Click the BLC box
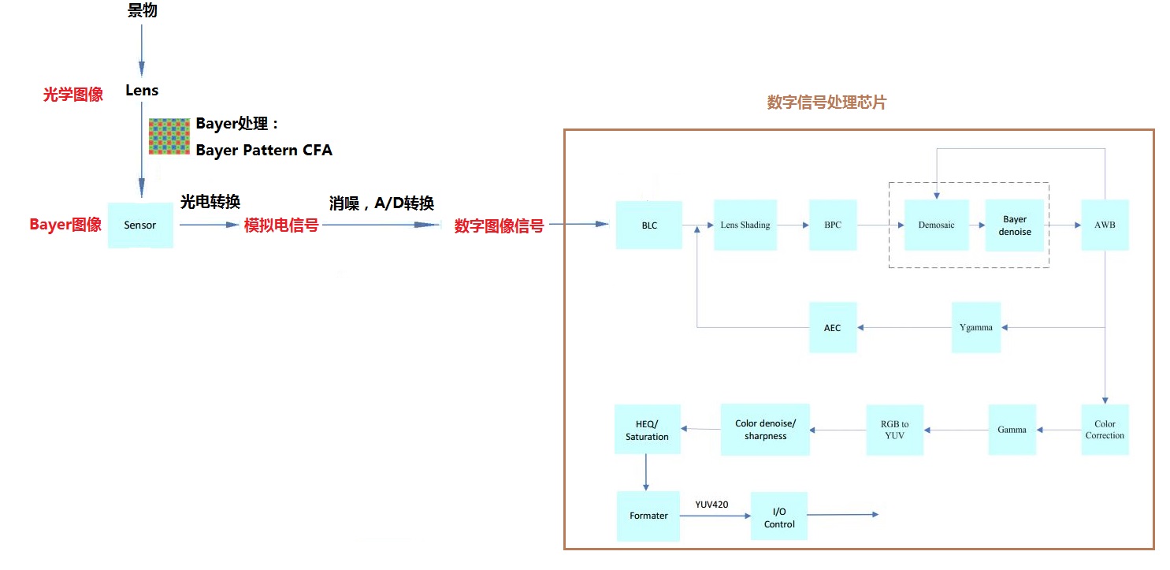point(649,225)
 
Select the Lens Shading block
point(745,225)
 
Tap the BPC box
point(833,225)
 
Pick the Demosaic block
point(936,225)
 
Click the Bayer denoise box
point(1015,225)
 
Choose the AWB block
point(1105,225)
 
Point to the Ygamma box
point(976,327)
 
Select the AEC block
point(833,327)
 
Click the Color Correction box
point(1105,430)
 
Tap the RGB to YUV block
point(894,430)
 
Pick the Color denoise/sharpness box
point(765,430)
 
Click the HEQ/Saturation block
point(647,430)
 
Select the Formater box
point(648,516)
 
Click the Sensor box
point(140,225)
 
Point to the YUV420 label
point(711,504)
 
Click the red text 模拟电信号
point(281,225)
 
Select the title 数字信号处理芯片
point(826,102)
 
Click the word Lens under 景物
point(142,91)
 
